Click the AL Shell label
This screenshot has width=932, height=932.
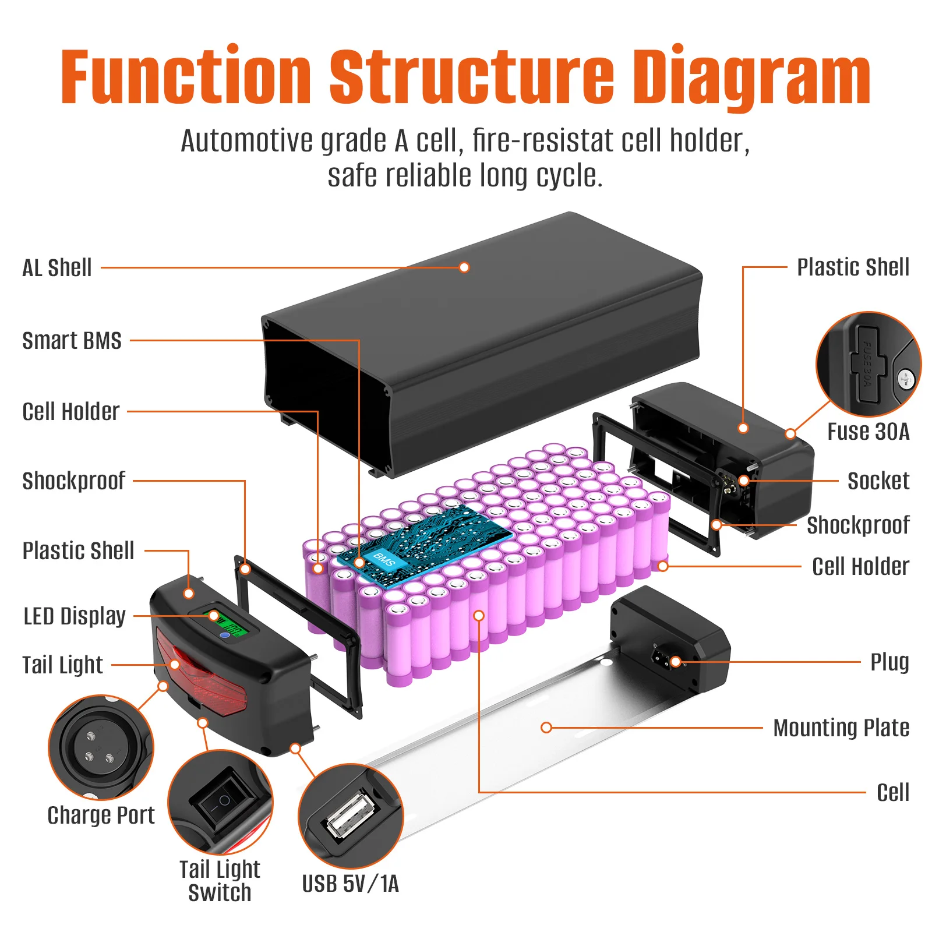57,268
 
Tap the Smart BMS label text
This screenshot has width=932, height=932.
72,341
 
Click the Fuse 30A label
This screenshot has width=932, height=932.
868,432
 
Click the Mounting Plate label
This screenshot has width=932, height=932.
841,728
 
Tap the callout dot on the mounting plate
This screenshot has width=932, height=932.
546,728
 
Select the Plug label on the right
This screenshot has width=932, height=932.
889,662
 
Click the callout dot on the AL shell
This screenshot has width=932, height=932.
464,267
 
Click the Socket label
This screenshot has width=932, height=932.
878,481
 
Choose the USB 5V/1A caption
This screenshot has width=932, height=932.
350,884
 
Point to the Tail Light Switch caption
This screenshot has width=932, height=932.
220,881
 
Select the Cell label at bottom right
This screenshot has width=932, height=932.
892,793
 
